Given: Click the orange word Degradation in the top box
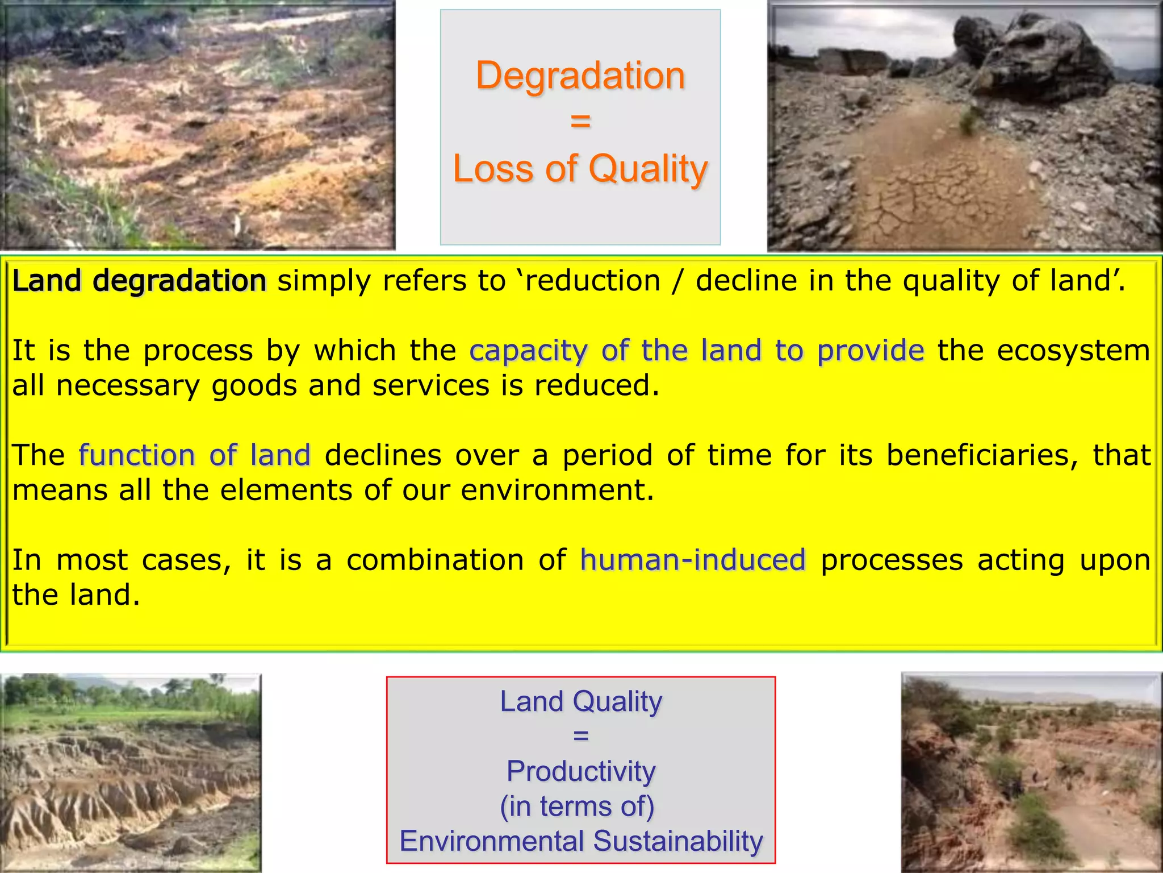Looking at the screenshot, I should (x=580, y=76).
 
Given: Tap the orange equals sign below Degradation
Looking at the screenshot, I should (x=580, y=120).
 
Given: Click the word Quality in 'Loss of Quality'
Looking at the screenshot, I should (x=648, y=169).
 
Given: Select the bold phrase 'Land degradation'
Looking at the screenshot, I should (x=139, y=281).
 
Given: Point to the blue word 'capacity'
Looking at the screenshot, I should (x=528, y=351).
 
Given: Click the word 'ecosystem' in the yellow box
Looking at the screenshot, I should (x=1073, y=351).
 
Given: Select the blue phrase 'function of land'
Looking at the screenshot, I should (x=195, y=455).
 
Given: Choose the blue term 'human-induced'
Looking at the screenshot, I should (x=693, y=560).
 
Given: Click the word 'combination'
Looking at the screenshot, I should (x=435, y=560).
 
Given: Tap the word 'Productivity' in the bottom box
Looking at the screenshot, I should (x=581, y=771).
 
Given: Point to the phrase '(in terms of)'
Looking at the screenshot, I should (x=578, y=807).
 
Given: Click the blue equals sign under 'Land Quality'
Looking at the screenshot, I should (x=581, y=736).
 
